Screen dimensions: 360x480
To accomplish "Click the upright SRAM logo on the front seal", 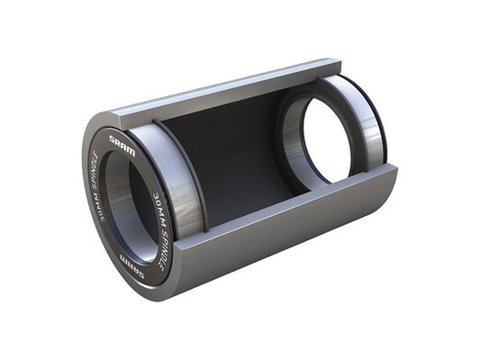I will pos(122,146).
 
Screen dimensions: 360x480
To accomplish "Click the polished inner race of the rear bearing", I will pos(293,135).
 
